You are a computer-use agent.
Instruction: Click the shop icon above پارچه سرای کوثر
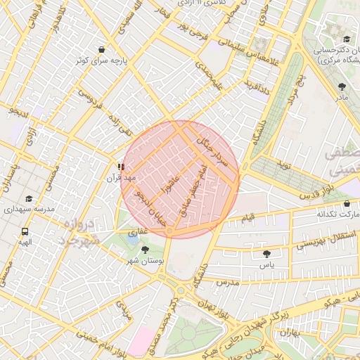point(102,50)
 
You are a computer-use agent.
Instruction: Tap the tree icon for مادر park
point(342,87)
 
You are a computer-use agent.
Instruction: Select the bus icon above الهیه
point(25,231)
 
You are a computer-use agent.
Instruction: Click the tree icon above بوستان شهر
point(145,250)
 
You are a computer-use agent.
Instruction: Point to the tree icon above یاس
point(266,254)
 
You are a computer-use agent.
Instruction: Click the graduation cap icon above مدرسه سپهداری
point(29,199)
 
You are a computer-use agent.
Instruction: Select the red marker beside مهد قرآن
point(121,167)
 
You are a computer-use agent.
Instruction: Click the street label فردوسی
point(91,98)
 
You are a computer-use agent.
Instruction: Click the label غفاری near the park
point(137,229)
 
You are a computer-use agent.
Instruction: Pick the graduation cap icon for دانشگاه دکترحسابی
point(347,39)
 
